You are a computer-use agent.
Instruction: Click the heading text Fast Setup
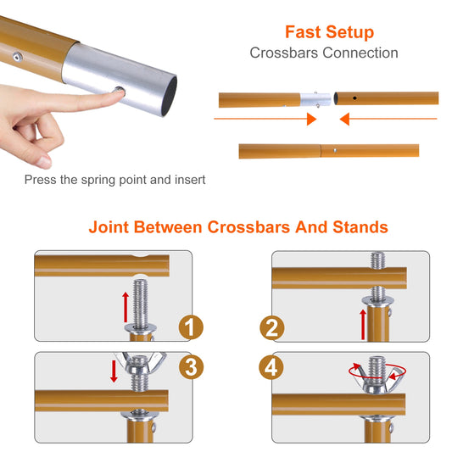pyautogui.click(x=329, y=32)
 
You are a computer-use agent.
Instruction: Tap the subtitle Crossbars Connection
pyautogui.click(x=323, y=53)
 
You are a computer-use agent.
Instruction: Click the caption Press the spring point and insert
pyautogui.click(x=114, y=180)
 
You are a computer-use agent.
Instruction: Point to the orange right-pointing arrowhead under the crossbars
pyautogui.click(x=311, y=120)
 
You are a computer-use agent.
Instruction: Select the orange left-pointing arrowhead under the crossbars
pyautogui.click(x=346, y=120)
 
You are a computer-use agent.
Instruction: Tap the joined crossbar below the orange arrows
pyautogui.click(x=328, y=151)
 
